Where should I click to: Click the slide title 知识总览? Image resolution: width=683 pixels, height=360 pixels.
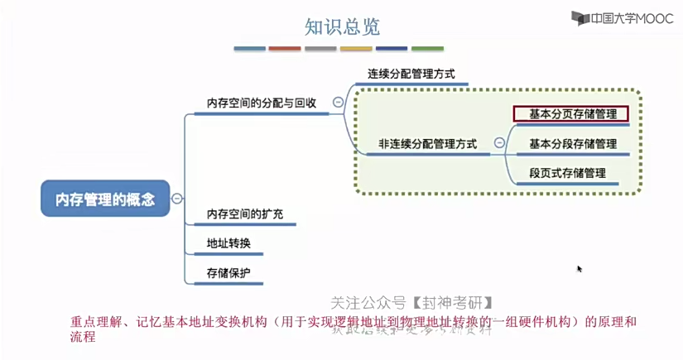342,27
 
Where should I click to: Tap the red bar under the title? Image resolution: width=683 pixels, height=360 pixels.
285,49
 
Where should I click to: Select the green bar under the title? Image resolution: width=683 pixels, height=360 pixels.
427,49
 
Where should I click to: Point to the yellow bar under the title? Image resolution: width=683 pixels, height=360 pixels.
356,49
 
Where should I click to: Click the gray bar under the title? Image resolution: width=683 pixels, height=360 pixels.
320,49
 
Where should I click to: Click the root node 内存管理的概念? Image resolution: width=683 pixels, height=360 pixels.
105,199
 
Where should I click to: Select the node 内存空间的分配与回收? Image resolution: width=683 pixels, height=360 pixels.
261,103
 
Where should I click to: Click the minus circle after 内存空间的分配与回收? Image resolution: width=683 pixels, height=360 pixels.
338,103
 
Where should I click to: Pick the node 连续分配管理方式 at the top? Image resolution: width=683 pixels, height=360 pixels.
411,74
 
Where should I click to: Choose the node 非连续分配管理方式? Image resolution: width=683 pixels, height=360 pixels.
427,143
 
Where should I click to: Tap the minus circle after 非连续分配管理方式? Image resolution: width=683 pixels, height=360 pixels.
499,143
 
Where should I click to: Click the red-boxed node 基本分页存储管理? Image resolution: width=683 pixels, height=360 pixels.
572,113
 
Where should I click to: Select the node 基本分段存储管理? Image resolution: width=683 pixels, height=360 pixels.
572,143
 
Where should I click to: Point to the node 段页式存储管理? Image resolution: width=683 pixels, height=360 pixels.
567,173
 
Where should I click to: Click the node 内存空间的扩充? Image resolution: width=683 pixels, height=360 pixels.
244,214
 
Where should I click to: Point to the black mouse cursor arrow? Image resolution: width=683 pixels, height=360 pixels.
580,269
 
